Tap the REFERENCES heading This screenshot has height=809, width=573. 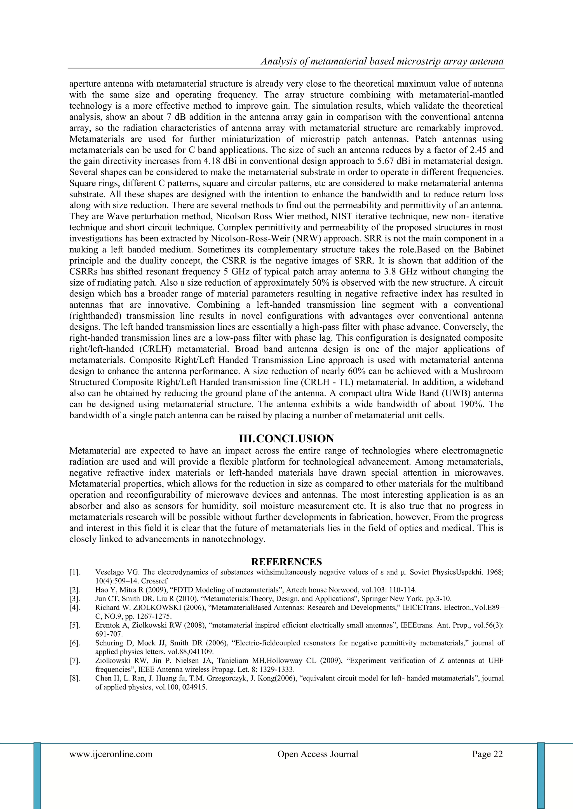pyautogui.click(x=286, y=562)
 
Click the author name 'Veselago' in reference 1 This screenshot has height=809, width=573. pyautogui.click(x=108, y=572)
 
